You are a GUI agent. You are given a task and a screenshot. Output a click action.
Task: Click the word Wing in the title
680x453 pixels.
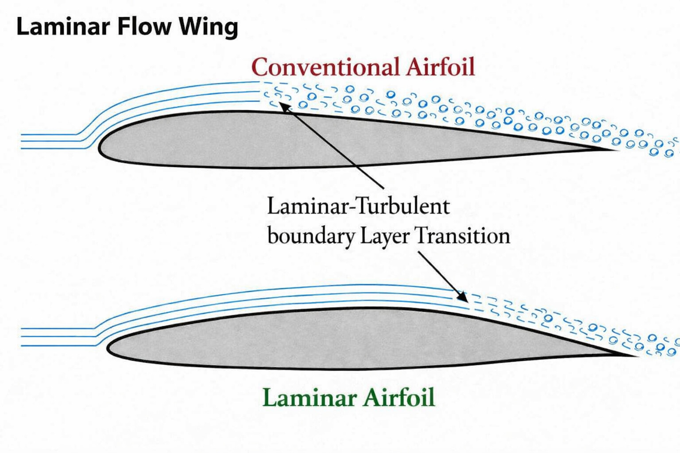(208, 28)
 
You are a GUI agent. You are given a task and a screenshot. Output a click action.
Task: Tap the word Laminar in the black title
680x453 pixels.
(63, 27)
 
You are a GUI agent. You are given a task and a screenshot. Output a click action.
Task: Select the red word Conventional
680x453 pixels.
(325, 67)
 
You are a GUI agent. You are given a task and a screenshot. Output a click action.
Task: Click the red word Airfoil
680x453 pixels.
(440, 66)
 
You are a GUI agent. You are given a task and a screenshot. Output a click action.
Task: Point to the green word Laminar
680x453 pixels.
(309, 397)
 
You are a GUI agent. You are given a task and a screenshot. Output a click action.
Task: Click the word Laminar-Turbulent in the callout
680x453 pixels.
(358, 206)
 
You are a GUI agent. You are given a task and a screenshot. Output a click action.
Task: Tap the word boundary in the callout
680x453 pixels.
(311, 236)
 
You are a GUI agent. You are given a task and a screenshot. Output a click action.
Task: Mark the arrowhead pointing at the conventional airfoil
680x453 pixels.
(284, 107)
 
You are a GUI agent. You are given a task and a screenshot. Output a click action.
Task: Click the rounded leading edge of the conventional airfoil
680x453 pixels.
(99, 149)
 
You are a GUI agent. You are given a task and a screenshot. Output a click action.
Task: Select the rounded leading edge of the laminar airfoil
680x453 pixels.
(108, 348)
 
